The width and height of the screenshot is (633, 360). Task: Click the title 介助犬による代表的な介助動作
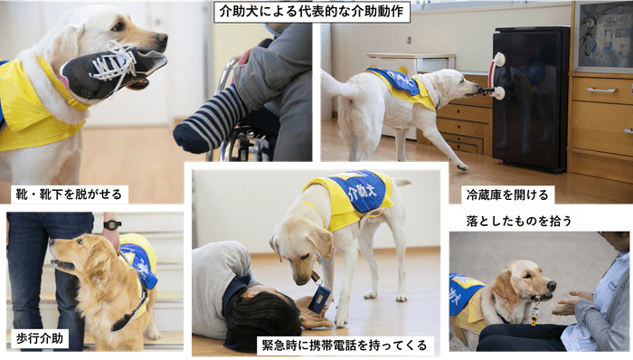click(312, 12)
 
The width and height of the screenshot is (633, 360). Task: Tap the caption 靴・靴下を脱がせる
click(71, 194)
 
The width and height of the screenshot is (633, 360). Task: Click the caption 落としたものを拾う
click(510, 221)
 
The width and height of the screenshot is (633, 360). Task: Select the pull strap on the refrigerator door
click(496, 76)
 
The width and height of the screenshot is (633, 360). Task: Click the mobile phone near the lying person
click(321, 298)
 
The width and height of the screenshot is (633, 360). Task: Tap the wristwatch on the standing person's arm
click(111, 224)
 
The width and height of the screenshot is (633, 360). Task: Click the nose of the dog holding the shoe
click(161, 41)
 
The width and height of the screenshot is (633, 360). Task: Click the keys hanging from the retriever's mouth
click(536, 313)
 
